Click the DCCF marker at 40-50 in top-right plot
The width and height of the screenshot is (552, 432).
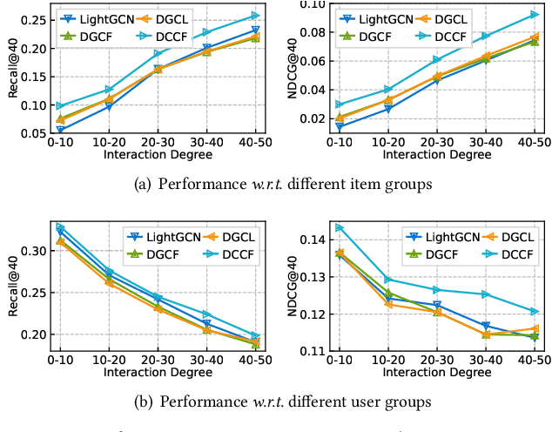tap(535, 14)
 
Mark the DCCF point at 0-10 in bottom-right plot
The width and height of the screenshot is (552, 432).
tap(340, 227)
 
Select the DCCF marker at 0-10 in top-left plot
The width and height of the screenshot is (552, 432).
tap(60, 106)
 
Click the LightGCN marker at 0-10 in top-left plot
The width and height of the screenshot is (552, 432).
tap(60, 130)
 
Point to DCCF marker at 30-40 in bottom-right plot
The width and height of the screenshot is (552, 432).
tap(486, 294)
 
